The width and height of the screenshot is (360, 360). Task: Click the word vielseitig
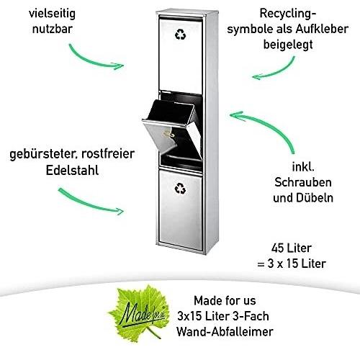click(x=52, y=14)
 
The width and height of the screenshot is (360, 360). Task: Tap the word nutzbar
click(x=53, y=29)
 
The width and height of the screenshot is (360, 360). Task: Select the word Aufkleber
click(x=322, y=29)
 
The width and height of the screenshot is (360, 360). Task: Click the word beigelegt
click(x=288, y=45)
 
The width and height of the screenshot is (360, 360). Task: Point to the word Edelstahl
click(x=72, y=170)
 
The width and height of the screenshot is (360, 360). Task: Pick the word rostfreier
click(x=108, y=154)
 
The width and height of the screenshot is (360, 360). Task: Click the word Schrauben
click(x=303, y=182)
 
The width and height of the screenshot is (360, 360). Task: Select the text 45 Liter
click(x=292, y=248)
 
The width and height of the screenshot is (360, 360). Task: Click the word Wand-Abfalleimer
click(x=225, y=332)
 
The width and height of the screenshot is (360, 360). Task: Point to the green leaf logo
click(x=139, y=312)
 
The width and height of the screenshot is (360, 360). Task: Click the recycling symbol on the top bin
click(x=180, y=34)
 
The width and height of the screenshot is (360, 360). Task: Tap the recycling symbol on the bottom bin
click(x=180, y=189)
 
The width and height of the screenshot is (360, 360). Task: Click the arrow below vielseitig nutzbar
click(x=92, y=61)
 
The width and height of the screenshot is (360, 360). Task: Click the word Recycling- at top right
click(x=288, y=14)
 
